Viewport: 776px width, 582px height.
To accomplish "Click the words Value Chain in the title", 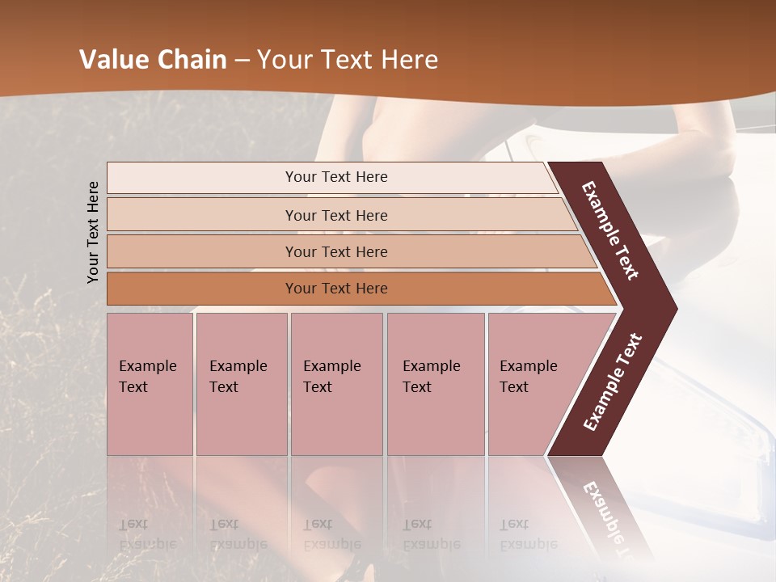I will coord(153,60).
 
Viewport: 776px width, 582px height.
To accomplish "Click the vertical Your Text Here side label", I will coord(93,232).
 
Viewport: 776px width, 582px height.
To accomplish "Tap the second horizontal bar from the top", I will coord(339,215).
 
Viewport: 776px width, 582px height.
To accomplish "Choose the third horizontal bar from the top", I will coord(348,251).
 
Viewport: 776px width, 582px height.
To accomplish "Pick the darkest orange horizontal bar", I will coord(356,289).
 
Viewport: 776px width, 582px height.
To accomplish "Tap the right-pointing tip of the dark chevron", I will coord(668,308).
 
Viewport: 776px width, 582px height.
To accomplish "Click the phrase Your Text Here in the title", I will coord(348,60).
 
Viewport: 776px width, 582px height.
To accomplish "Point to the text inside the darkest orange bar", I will coord(336,289).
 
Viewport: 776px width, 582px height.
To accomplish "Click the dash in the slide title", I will coord(242,61).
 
